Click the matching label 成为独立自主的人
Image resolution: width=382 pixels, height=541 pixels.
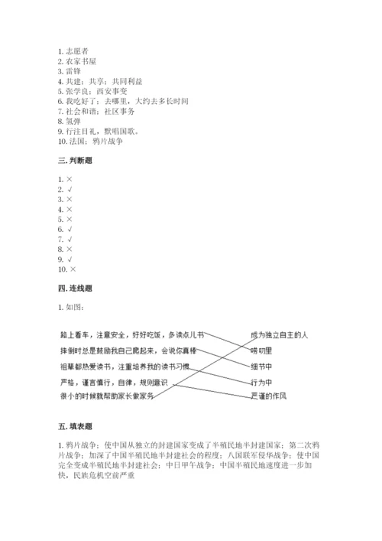coord(279,334)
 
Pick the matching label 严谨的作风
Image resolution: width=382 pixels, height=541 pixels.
coord(269,395)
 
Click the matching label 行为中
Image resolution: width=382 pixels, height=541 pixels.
coord(261,380)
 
